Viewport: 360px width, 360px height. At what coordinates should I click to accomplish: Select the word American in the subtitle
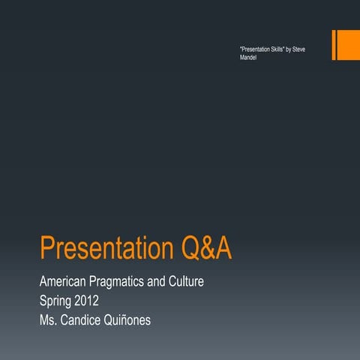tap(65, 283)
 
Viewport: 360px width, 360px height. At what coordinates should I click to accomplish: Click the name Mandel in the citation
tap(248, 57)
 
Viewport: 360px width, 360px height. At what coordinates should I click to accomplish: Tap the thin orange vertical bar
tap(333, 45)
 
